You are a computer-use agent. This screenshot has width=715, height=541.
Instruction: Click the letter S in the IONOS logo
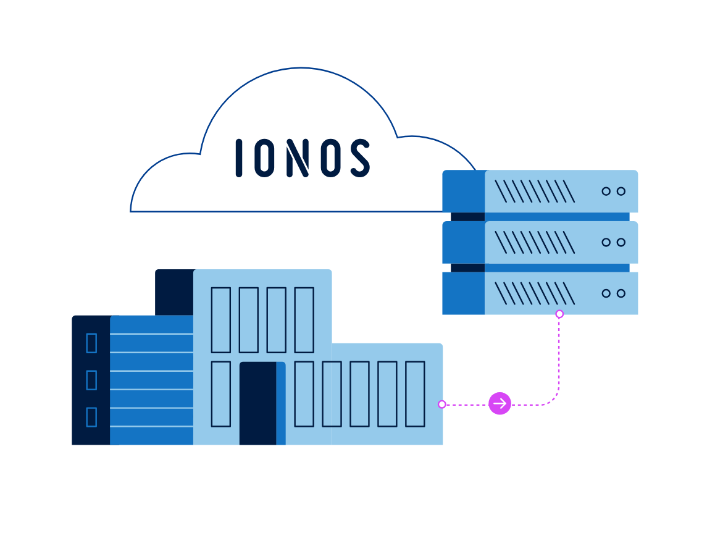click(360, 158)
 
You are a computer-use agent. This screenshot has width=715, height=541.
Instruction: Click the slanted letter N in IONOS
click(298, 158)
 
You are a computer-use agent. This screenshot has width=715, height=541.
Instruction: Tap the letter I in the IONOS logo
click(238, 158)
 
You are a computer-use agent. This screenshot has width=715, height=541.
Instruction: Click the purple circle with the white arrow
click(500, 404)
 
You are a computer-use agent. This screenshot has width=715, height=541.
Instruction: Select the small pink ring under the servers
click(559, 314)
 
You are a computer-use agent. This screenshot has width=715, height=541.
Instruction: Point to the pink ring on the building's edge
click(442, 404)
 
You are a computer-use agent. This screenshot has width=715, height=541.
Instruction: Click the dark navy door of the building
click(258, 403)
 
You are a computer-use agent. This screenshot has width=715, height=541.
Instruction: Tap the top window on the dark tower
click(91, 343)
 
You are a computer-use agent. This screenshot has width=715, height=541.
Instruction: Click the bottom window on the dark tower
click(91, 417)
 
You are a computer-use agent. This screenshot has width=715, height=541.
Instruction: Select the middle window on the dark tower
click(91, 380)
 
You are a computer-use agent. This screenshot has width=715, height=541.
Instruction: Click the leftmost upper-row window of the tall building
click(220, 320)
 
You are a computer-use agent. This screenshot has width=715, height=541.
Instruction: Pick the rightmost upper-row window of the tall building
click(304, 320)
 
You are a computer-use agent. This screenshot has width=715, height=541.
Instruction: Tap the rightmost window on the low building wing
click(415, 394)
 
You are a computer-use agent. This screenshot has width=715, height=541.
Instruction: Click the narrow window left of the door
click(220, 394)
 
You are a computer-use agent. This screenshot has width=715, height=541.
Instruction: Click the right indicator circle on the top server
click(621, 191)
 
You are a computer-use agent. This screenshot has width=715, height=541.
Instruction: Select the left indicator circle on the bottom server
click(606, 293)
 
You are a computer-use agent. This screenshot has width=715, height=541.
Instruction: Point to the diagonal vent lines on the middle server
click(535, 242)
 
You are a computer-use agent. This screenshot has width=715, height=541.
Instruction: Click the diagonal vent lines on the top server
click(535, 191)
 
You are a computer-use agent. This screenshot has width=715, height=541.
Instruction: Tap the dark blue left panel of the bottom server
click(464, 293)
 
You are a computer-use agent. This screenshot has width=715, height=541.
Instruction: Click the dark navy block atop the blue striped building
click(175, 292)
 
